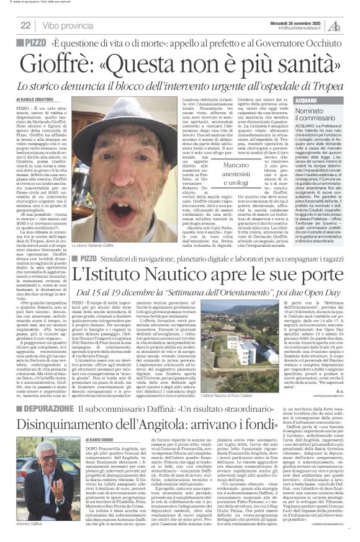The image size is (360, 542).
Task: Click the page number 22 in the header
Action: click(x=25, y=25)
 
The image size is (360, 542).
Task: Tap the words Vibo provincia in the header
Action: click(x=69, y=25)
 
